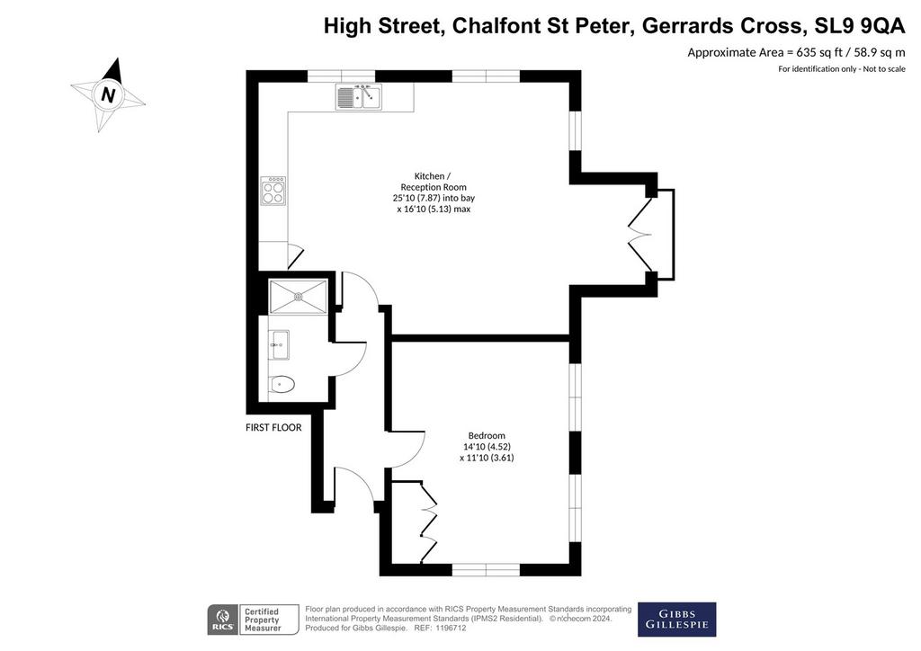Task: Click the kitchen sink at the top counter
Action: click(x=358, y=97)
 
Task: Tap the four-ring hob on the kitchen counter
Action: click(x=273, y=191)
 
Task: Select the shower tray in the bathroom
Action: click(x=298, y=297)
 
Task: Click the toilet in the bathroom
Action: click(x=282, y=385)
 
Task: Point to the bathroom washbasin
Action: click(x=279, y=344)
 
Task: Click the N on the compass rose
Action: click(x=108, y=94)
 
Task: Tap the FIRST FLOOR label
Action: click(x=273, y=428)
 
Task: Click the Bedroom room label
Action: click(x=487, y=435)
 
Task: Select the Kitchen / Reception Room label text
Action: click(x=434, y=182)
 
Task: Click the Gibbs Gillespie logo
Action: click(x=676, y=620)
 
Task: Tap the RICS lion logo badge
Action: click(x=223, y=620)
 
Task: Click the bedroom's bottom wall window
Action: click(x=487, y=569)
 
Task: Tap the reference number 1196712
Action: click(x=448, y=629)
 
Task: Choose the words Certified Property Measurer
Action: click(x=262, y=620)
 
